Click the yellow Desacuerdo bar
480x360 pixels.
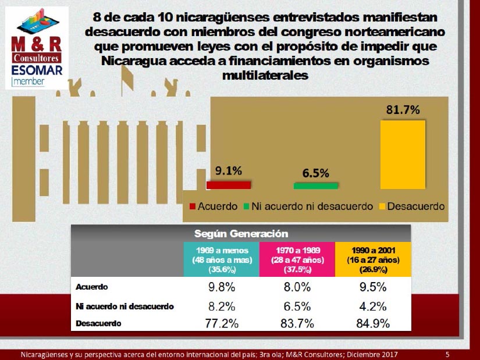403,155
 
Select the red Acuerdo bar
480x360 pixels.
229,185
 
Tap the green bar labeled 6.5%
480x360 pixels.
315,186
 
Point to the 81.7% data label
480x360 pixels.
403,109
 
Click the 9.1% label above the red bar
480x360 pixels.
229,170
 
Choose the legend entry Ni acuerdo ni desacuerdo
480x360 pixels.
308,206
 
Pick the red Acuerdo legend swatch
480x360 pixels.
192,206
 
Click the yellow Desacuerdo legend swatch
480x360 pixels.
382,206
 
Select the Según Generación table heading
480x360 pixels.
241,234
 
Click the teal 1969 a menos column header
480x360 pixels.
222,259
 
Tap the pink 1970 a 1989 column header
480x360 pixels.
297,259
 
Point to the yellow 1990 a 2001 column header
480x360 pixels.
373,259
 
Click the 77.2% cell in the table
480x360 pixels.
222,323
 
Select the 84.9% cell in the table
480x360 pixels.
373,323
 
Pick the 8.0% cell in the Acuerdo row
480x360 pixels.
297,287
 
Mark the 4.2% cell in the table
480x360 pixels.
373,306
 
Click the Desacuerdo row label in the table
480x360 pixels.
98,323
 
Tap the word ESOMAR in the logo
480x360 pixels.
37,70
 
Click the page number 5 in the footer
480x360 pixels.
447,355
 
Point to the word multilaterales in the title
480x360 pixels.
265,75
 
